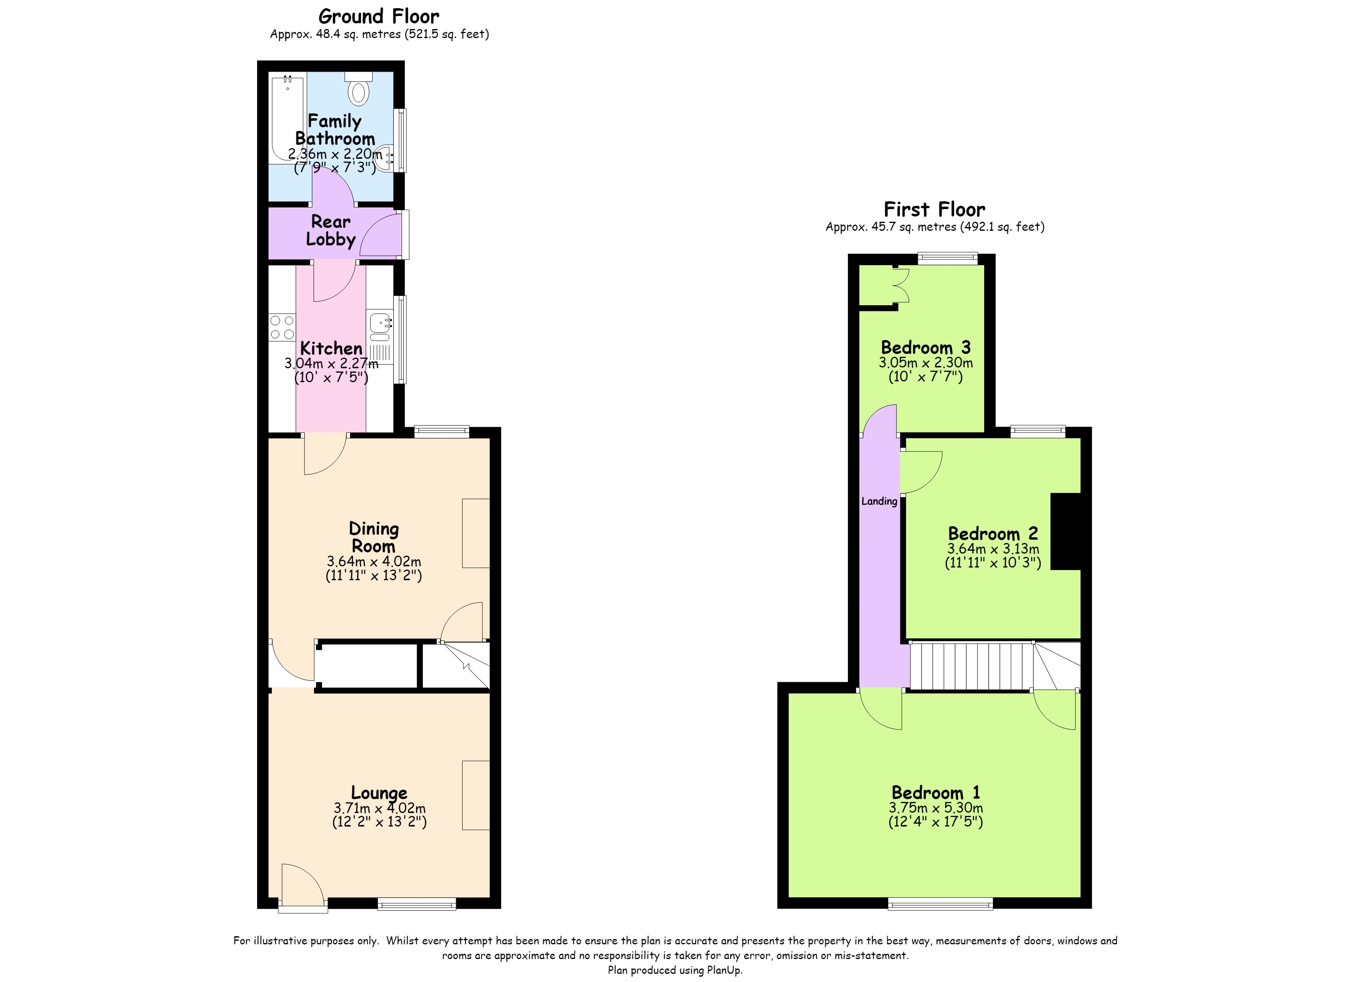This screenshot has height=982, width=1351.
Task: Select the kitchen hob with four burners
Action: [282, 327]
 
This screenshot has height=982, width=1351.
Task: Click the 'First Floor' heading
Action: [934, 209]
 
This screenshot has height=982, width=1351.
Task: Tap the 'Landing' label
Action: [879, 501]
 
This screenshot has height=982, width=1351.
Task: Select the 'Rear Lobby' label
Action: [331, 230]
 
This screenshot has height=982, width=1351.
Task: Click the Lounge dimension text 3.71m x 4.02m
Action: [380, 808]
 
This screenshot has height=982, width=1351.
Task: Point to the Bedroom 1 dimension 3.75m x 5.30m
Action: [936, 808]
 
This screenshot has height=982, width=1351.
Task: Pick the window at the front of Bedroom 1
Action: [940, 905]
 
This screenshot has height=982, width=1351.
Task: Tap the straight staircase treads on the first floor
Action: [971, 666]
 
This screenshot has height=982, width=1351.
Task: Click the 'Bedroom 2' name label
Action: [993, 533]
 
